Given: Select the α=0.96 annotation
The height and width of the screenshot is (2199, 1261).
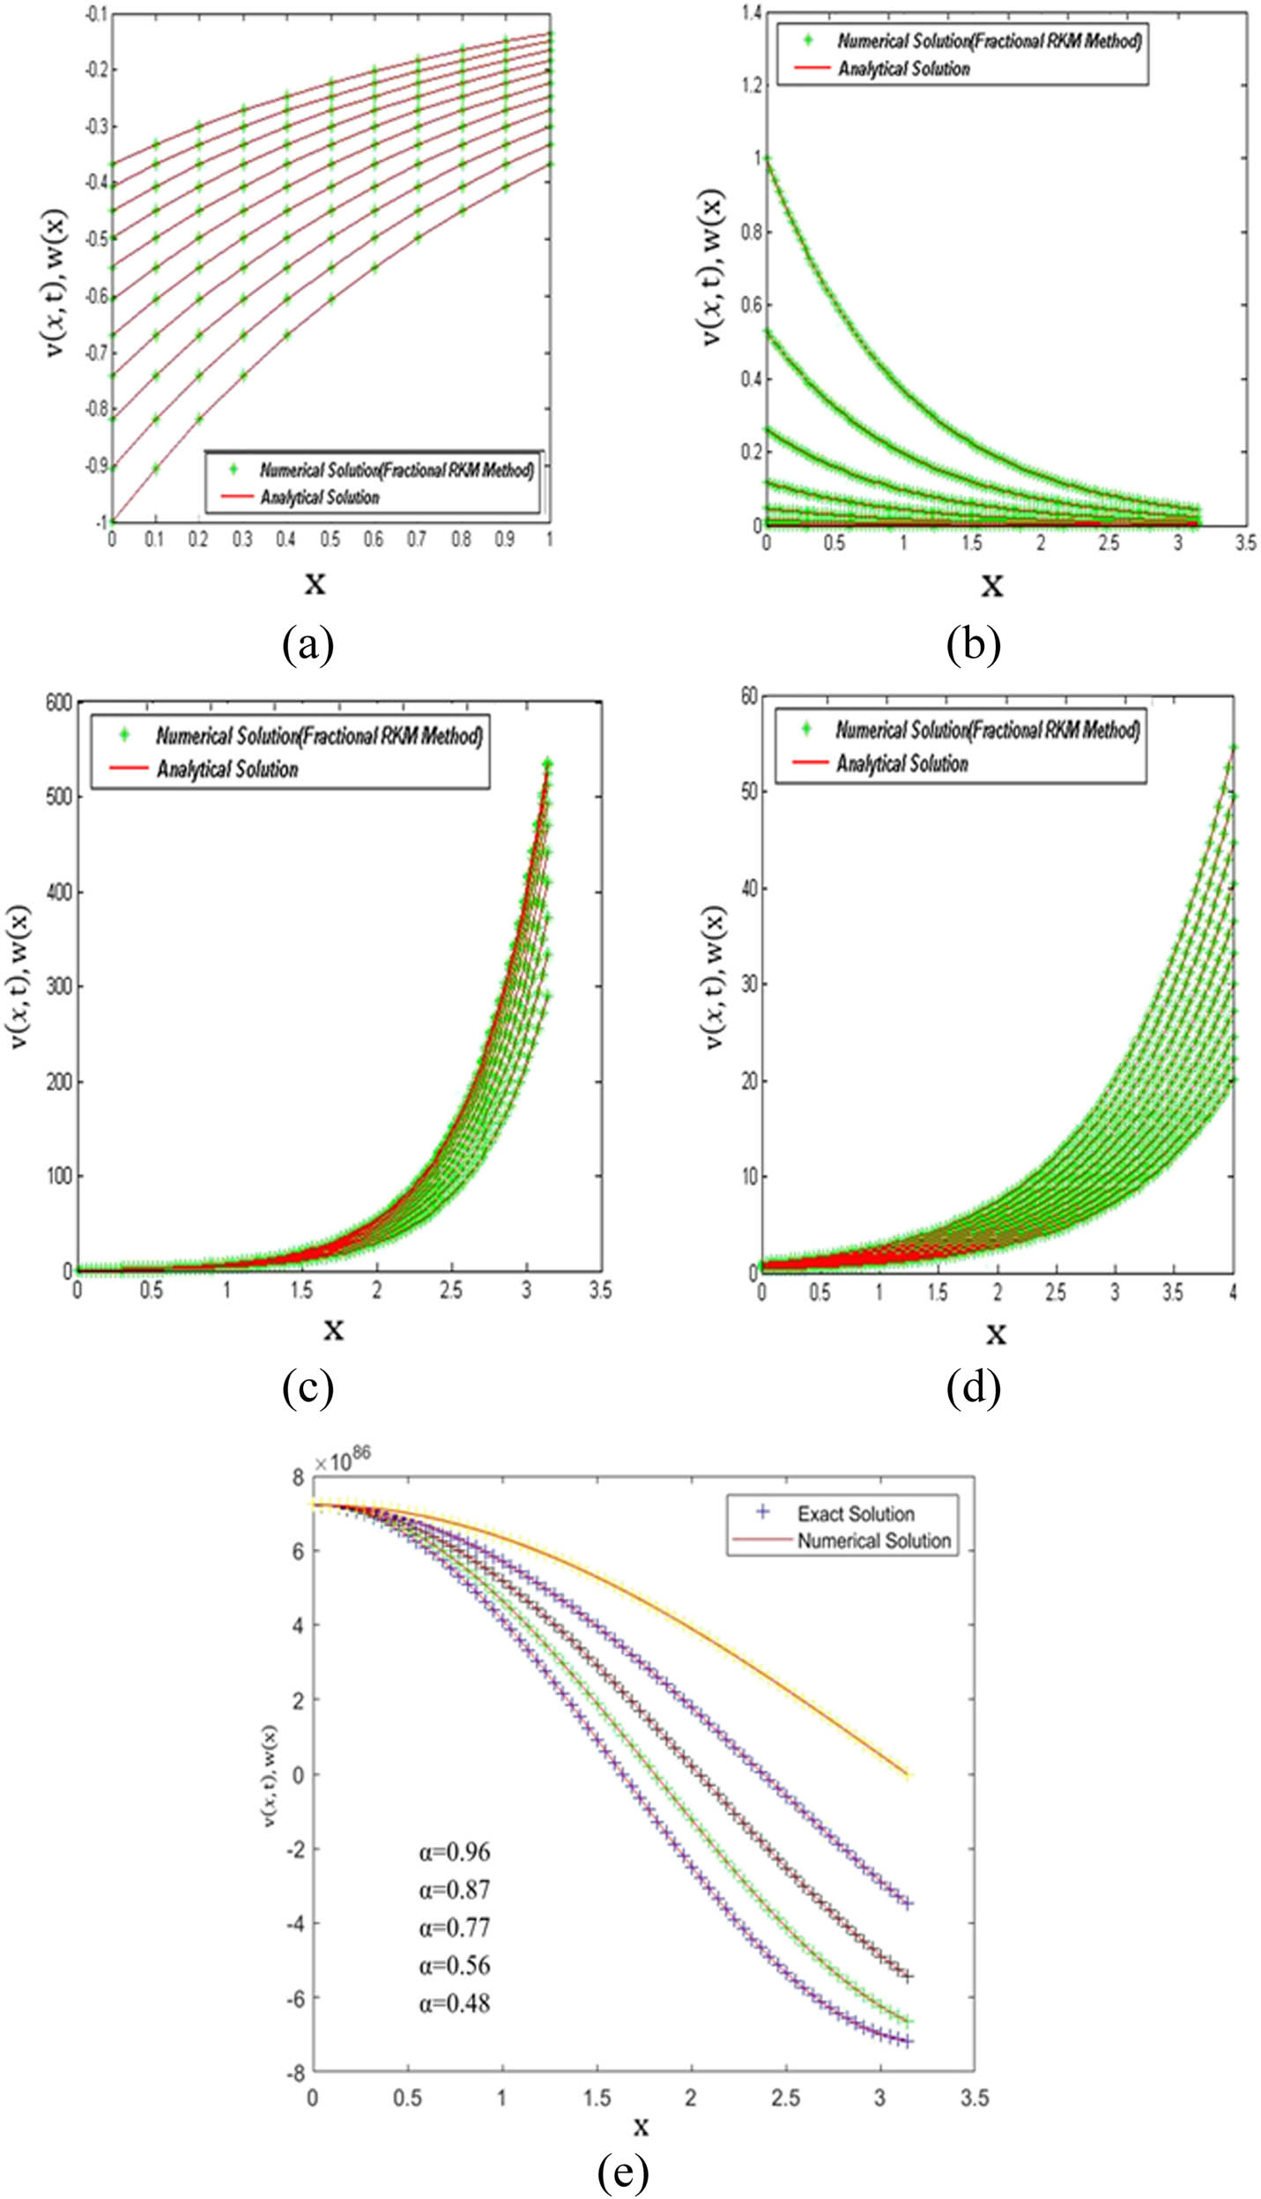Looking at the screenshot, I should pyautogui.click(x=455, y=1852).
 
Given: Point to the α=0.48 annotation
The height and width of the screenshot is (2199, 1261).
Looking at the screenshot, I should pyautogui.click(x=455, y=2003).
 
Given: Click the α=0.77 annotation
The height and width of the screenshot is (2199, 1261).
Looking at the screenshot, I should pyautogui.click(x=455, y=1928).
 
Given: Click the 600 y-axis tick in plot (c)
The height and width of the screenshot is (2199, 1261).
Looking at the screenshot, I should pyautogui.click(x=58, y=702).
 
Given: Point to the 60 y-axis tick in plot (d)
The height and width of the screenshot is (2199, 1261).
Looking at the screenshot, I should pyautogui.click(x=749, y=696).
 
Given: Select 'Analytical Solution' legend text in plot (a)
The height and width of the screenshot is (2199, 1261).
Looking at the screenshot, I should pyautogui.click(x=320, y=498).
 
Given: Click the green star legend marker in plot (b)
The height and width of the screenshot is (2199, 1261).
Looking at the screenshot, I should pyautogui.click(x=806, y=41).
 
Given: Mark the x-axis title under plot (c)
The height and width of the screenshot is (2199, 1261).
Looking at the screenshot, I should pyautogui.click(x=333, y=1328).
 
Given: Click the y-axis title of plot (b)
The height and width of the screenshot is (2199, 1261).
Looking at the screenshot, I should pyautogui.click(x=714, y=267).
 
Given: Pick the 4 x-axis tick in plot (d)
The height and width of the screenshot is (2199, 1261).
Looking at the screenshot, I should pyautogui.click(x=1232, y=1292).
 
